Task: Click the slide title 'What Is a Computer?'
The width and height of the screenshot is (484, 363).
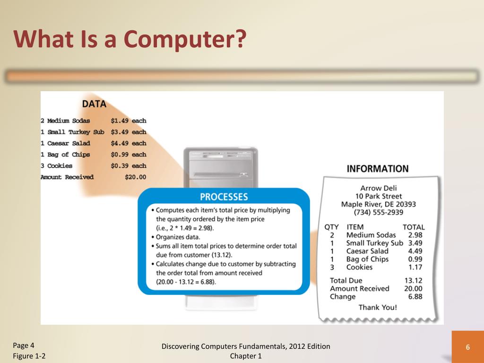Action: (130, 39)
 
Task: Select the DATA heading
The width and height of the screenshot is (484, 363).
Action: (94, 104)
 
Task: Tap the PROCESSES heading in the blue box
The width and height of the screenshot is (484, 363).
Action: (224, 197)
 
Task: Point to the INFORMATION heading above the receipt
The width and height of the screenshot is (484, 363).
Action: (378, 169)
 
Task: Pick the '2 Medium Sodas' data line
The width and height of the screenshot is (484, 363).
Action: (65, 121)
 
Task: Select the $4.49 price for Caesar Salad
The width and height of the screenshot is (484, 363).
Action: (120, 143)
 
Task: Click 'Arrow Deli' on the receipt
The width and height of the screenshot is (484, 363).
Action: (378, 188)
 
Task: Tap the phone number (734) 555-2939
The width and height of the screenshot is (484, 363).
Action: (378, 212)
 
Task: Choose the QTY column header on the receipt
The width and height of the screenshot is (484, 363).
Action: (331, 227)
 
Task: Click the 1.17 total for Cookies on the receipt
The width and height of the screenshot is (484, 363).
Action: (415, 267)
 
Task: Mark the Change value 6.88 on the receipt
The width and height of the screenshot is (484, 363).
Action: (415, 296)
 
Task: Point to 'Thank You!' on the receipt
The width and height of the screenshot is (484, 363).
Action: (378, 307)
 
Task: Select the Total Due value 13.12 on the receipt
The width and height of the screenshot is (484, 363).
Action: (414, 280)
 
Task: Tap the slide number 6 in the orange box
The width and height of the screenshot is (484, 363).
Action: (467, 347)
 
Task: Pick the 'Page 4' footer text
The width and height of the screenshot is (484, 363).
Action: (24, 345)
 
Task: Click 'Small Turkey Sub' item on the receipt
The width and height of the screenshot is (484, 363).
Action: (374, 243)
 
